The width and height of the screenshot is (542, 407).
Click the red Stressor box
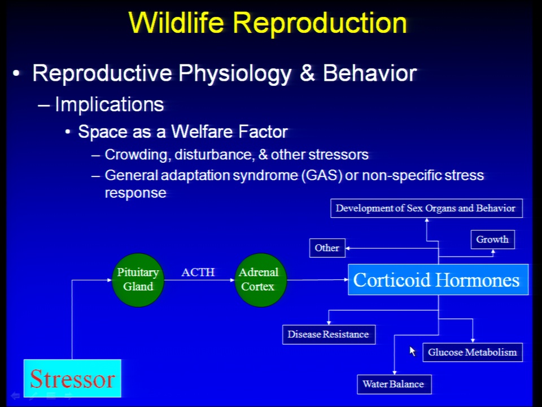point(72,378)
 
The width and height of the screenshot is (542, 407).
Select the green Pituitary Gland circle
point(138,280)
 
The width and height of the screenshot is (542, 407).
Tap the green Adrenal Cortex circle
point(260,280)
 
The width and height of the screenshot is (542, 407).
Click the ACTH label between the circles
point(198,272)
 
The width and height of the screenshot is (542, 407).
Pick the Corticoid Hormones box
point(438,280)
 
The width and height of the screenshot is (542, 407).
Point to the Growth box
point(492,240)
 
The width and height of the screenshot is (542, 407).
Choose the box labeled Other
point(327,248)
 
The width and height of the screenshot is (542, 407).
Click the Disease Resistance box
point(329,334)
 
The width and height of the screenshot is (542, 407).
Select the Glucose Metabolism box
point(473,352)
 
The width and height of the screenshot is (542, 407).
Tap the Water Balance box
point(394,384)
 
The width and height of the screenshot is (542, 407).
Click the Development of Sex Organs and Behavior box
point(426,209)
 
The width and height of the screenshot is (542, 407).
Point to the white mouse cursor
point(412,351)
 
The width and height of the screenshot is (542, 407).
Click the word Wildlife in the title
point(176,23)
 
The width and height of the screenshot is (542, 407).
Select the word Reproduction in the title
point(320,23)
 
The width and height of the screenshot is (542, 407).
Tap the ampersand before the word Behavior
point(307,73)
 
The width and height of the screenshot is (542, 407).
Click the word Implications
point(109,105)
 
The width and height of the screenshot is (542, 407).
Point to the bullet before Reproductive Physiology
point(16,73)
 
